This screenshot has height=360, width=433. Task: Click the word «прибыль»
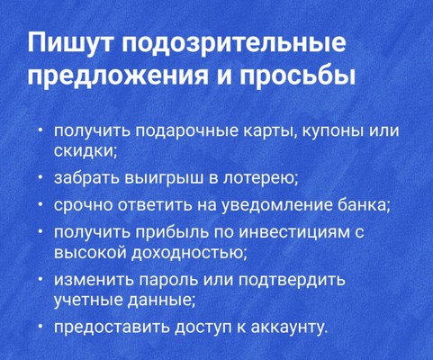173,233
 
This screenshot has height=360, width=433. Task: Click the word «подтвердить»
292,280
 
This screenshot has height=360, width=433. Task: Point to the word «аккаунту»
288,327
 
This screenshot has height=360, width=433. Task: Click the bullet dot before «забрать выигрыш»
41,179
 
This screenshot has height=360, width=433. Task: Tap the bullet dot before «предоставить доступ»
41,326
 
